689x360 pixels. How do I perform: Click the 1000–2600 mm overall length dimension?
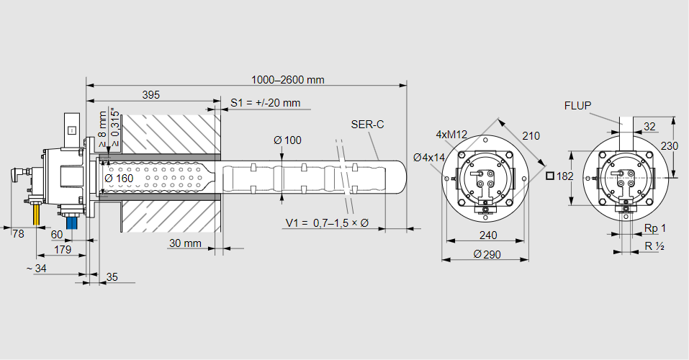[x=287, y=80]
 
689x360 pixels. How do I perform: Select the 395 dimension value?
[x=150, y=94]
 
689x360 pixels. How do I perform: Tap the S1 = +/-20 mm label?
[x=265, y=103]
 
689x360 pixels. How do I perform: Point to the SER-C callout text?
[x=367, y=125]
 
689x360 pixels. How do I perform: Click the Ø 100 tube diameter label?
[x=287, y=140]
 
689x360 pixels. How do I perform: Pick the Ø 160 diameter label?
[x=119, y=178]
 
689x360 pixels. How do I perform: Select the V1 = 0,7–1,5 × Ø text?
[x=326, y=223]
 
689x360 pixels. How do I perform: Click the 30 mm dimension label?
[x=185, y=243]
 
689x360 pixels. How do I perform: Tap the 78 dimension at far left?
[x=18, y=233]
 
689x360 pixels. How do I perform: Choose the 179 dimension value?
[x=63, y=250]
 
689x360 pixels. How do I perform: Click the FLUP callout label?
[x=577, y=106]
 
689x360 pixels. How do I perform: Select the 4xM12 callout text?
[x=451, y=135]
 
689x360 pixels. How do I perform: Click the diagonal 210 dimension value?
[x=531, y=136]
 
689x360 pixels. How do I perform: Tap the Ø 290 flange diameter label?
[x=487, y=254]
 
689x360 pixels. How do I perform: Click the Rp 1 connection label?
[x=654, y=228]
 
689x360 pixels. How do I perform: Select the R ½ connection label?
[x=654, y=246]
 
